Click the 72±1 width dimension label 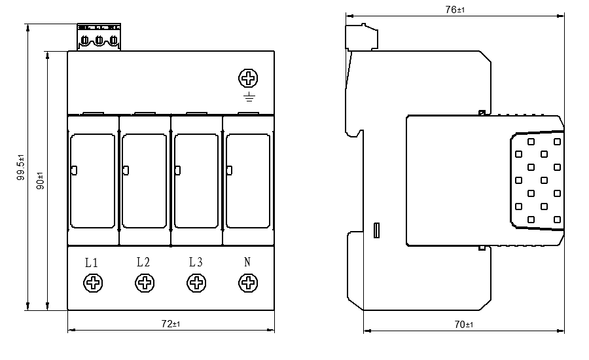tap(171, 324)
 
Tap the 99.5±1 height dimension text tap(20, 167)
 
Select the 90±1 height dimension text tap(40, 180)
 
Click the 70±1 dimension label tap(463, 324)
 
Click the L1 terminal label tap(92, 263)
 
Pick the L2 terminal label tap(143, 262)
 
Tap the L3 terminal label tap(195, 262)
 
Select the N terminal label tap(247, 262)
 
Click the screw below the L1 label tap(93, 283)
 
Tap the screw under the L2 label tap(144, 283)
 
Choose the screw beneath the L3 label tap(196, 283)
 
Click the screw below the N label tap(248, 283)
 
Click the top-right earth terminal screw tap(248, 79)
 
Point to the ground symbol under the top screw tap(248, 98)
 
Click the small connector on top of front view tap(99, 38)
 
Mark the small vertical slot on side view tap(376, 230)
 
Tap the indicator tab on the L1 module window tap(73, 171)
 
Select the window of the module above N tap(248, 181)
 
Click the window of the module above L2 tap(145, 181)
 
